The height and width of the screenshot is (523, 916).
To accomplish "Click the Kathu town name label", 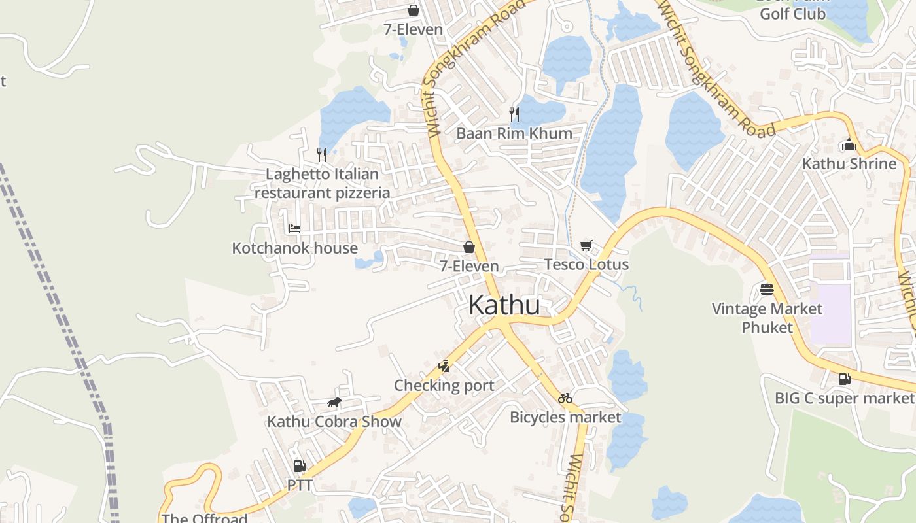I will (504, 305).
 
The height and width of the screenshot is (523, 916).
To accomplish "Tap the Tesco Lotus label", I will (586, 265).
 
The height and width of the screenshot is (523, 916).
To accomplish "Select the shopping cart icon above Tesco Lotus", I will (586, 245).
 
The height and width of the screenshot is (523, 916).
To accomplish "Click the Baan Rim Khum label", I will (514, 133).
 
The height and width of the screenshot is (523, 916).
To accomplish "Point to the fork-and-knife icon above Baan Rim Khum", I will (514, 114).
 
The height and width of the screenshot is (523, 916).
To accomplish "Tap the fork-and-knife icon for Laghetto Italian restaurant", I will (321, 154).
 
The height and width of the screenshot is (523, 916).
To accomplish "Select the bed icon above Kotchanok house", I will (294, 228).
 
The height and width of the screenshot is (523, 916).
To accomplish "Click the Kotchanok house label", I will (295, 248).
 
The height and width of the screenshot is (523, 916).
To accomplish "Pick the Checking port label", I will (444, 386).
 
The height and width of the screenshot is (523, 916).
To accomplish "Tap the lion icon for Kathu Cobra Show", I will (334, 402).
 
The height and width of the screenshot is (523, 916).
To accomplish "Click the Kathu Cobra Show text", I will (334, 422).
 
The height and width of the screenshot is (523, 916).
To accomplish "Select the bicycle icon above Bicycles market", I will (565, 397).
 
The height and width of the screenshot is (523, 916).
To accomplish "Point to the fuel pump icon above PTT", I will (299, 466).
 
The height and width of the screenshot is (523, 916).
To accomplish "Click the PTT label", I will (300, 486).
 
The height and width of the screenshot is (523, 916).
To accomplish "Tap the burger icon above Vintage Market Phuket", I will (767, 289).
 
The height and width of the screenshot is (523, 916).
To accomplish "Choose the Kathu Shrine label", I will (849, 163).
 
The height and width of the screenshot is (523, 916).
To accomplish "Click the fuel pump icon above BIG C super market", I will (845, 379).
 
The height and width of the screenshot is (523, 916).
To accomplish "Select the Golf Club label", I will (792, 14).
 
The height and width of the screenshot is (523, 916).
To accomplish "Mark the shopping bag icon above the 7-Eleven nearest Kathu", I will (468, 247).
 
